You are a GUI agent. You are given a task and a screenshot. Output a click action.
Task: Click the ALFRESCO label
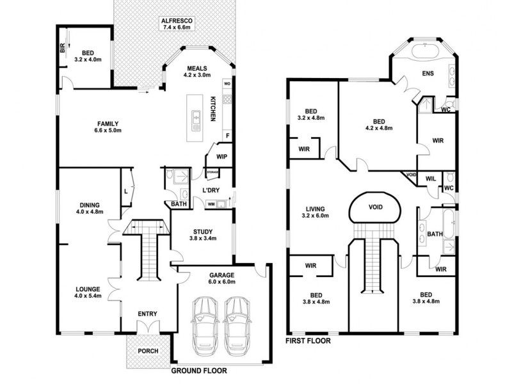click(178, 21)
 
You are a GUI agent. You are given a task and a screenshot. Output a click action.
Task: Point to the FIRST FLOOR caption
click(308, 342)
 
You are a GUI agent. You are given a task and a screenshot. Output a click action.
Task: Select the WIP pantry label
click(222, 156)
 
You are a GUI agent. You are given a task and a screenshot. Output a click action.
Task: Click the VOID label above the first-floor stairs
click(376, 208)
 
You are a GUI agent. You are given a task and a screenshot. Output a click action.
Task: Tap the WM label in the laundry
click(211, 204)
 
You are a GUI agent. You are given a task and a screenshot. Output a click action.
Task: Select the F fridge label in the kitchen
click(227, 136)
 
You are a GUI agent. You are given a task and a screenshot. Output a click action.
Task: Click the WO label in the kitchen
click(227, 84)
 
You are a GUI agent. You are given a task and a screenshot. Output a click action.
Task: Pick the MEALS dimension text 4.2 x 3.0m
click(196, 76)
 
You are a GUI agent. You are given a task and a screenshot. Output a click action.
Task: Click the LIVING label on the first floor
click(316, 209)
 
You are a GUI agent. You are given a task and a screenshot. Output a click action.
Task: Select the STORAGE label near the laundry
click(212, 172)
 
